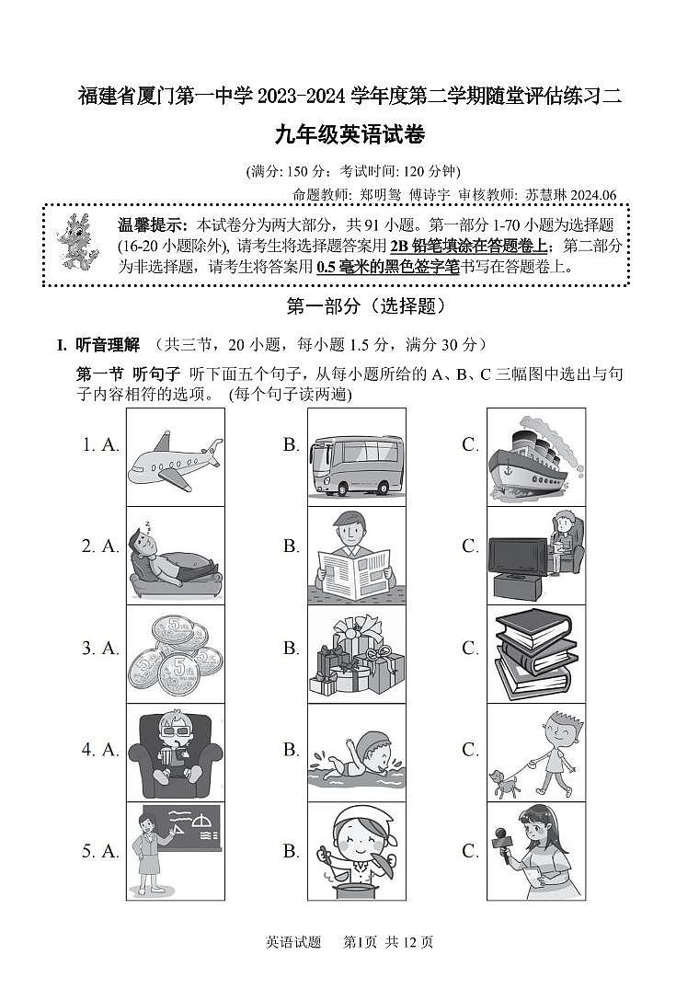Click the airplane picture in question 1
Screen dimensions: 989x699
coord(175,456)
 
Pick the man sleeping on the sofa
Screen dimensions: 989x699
coord(175,556)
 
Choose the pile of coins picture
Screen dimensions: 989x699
coord(175,655)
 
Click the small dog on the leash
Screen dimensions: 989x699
coord(503,781)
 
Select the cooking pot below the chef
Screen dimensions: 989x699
coord(354,889)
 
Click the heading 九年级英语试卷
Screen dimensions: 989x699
coord(349,135)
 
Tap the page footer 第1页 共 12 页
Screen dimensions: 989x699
coord(387,941)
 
